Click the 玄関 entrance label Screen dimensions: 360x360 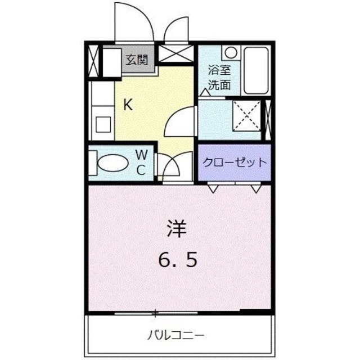click(x=137, y=59)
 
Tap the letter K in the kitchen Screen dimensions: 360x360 click(x=128, y=105)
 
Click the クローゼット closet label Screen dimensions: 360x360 click(x=234, y=163)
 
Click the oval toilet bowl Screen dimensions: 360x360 click(x=114, y=164)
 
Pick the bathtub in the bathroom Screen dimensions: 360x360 click(x=257, y=70)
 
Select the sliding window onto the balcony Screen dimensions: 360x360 click(x=156, y=312)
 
